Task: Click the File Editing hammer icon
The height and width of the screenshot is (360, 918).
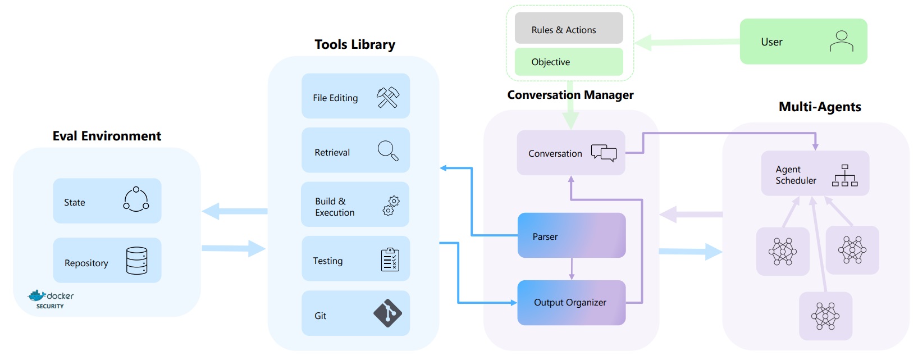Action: tap(388, 97)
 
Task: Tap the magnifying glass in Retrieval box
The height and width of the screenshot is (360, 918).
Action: tap(388, 151)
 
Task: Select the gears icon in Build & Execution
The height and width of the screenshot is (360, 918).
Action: tap(391, 206)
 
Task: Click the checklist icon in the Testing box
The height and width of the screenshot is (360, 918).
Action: tap(390, 259)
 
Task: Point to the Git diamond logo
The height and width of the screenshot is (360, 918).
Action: tap(387, 313)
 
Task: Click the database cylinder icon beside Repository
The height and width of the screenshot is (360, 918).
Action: tap(136, 261)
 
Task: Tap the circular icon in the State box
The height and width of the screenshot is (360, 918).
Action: tap(136, 199)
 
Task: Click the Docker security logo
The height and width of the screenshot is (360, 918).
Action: tap(51, 299)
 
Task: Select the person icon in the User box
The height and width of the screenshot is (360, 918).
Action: tap(841, 41)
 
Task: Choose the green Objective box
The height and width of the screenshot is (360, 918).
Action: tap(569, 62)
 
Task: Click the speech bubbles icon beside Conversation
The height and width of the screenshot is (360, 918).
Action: tap(604, 153)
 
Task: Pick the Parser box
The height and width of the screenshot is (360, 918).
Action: tap(571, 235)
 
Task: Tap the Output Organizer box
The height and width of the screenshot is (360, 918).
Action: tap(571, 303)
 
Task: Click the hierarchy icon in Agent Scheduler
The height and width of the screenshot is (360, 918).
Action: tap(844, 175)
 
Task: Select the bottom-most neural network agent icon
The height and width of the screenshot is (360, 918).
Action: tap(825, 316)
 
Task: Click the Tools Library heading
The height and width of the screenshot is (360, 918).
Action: tap(354, 44)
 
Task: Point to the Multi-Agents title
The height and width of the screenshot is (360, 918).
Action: tap(819, 107)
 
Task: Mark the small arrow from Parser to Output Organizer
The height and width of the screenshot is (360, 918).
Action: tap(572, 269)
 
